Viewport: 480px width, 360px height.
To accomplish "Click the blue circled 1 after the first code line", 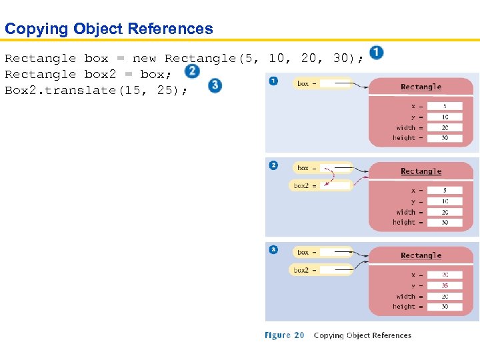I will [x=376, y=52].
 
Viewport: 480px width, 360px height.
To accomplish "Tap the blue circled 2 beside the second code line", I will [x=192, y=71].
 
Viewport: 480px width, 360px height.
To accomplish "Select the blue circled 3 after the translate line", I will [x=215, y=85].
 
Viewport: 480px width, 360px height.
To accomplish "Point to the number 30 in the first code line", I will [x=341, y=59].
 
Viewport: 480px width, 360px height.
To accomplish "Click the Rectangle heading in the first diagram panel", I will [x=421, y=87].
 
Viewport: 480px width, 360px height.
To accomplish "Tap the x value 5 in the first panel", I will [x=444, y=106].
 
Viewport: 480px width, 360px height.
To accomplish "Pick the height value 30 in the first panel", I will [x=444, y=138].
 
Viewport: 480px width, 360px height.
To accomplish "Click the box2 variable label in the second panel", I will [x=301, y=186].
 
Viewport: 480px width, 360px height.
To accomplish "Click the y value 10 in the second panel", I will [x=444, y=201].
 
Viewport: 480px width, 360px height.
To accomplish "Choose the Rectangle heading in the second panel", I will [x=421, y=172].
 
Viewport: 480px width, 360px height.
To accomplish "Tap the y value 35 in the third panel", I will [x=444, y=285].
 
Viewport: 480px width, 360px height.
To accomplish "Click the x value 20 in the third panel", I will [x=444, y=275].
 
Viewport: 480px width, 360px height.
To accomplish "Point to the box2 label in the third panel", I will [x=301, y=270].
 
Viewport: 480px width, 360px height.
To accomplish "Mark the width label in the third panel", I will [x=405, y=296].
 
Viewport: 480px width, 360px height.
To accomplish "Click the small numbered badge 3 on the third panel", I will [x=273, y=249].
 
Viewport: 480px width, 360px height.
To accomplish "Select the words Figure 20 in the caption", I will [x=285, y=335].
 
